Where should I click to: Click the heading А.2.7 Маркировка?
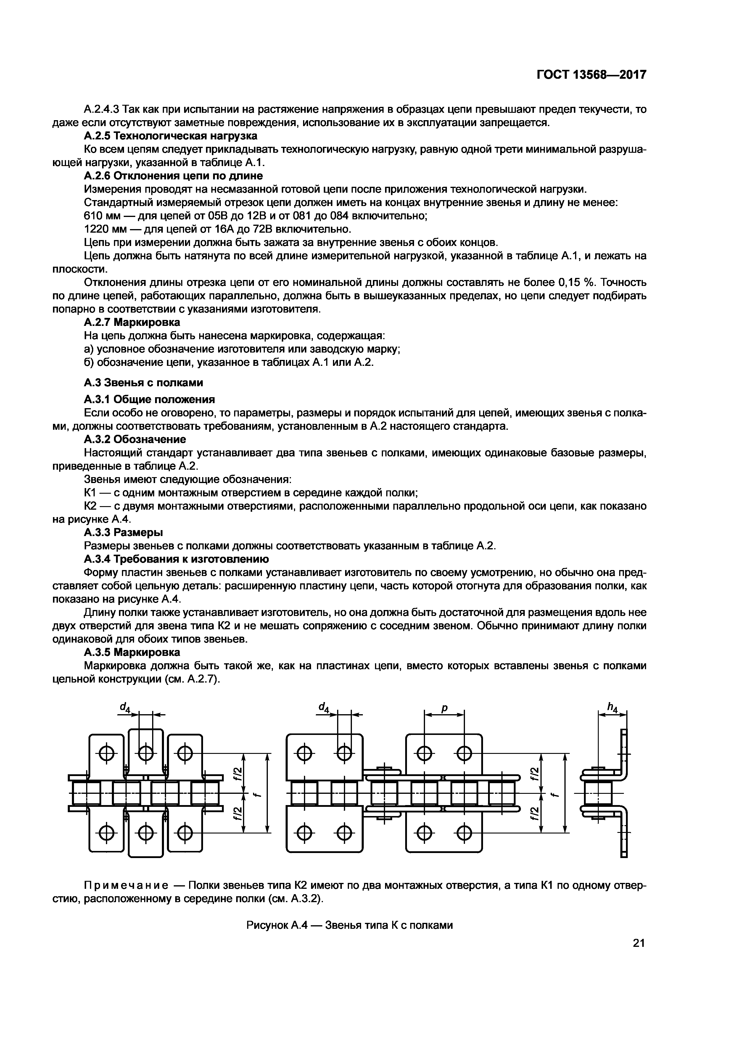click(132, 322)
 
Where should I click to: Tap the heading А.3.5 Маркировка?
click(132, 652)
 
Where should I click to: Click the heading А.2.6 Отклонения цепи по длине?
click(173, 176)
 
